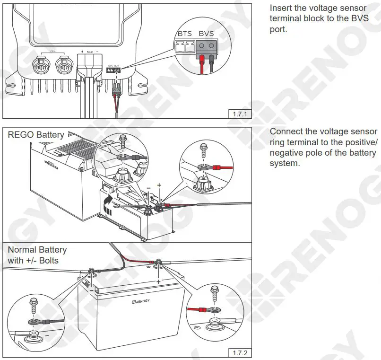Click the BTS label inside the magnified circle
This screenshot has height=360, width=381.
click(x=185, y=34)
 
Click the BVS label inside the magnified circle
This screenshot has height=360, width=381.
click(x=206, y=34)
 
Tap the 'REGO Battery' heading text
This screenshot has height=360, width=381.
click(x=36, y=135)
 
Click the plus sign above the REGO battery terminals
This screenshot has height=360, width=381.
click(x=159, y=185)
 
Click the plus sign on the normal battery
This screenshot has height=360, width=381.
click(x=158, y=281)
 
